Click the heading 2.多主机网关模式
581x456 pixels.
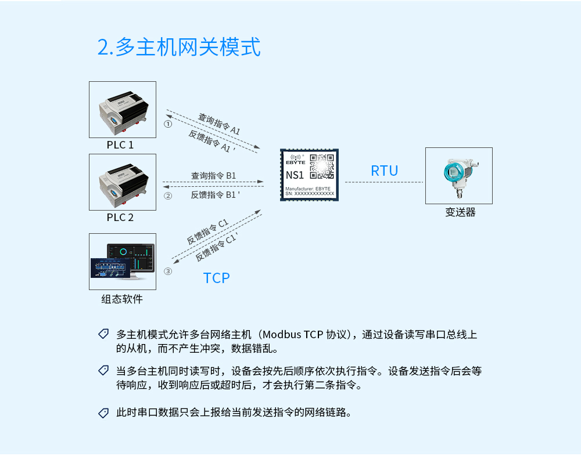point(179,48)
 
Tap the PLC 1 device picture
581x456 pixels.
point(123,110)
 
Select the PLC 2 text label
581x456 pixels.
point(120,218)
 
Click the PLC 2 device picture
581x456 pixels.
point(123,182)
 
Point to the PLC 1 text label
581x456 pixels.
point(120,145)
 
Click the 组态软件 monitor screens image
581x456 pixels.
point(123,262)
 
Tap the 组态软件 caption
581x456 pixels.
point(122,299)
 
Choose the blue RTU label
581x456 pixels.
point(385,171)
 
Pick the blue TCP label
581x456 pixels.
point(217,278)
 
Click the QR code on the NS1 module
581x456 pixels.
point(321,166)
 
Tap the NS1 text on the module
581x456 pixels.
point(295,175)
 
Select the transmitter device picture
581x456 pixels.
point(459,176)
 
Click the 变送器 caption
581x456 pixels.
point(460,212)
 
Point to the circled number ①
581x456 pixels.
point(168,124)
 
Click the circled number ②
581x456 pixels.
point(168,196)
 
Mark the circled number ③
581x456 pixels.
point(168,271)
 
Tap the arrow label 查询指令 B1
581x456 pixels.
point(214,176)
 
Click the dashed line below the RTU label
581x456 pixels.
point(384,182)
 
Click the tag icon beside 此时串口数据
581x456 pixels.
point(103,413)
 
